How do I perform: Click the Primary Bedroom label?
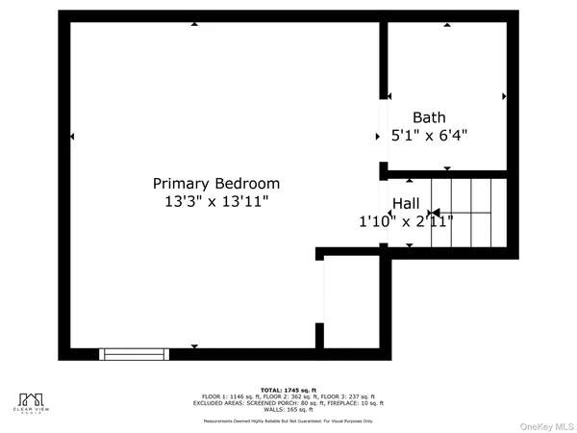(216, 183)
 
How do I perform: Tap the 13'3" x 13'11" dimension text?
(216, 202)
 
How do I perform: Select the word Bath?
(429, 117)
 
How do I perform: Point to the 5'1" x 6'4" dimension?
(429, 137)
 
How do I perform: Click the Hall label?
(406, 204)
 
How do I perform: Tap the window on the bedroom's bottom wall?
(135, 353)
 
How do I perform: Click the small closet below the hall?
(354, 300)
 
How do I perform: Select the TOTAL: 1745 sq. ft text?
(288, 389)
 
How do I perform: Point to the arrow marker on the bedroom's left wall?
(73, 139)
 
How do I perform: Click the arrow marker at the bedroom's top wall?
(194, 24)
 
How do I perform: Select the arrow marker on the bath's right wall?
(504, 96)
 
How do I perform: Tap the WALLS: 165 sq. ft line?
(288, 410)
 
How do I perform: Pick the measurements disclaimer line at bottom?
(288, 420)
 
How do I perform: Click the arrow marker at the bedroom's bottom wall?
(194, 346)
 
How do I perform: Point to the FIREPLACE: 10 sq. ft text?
(357, 403)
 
